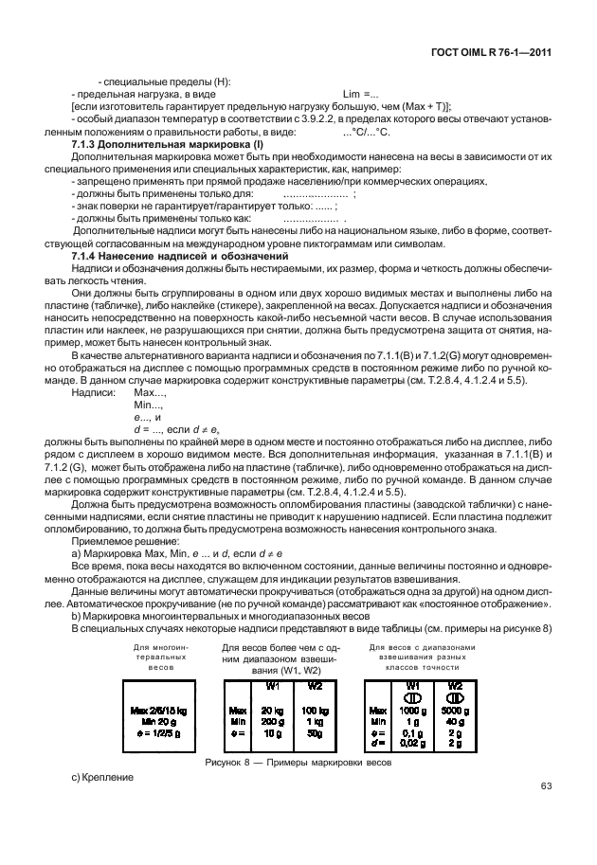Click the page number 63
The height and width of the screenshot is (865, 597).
(x=546, y=785)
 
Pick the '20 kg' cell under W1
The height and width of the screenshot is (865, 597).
(x=273, y=709)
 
